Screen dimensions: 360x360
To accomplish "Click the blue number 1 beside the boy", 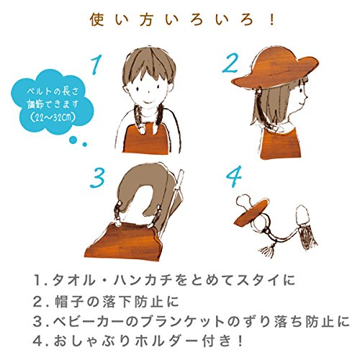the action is coord(96,64).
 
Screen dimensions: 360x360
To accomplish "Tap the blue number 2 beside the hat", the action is coord(230,63).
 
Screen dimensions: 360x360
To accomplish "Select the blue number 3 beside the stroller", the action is coord(97,177).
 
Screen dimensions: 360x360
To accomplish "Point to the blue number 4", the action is coord(234,176).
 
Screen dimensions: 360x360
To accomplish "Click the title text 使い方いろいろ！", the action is coord(182,20).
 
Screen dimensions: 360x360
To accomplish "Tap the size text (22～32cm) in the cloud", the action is coord(52,117).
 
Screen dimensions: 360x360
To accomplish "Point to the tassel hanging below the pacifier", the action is coord(266,249).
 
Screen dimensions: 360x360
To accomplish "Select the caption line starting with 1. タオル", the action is coord(164,280).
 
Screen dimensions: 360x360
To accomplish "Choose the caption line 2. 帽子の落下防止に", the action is coord(106,302).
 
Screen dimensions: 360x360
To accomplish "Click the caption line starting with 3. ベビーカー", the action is coord(192,322).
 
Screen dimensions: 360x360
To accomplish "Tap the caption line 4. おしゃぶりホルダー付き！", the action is coord(138,341).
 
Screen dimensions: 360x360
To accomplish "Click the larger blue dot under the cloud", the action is coord(73,140).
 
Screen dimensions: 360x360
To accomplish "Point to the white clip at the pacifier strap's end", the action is coord(302,215).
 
